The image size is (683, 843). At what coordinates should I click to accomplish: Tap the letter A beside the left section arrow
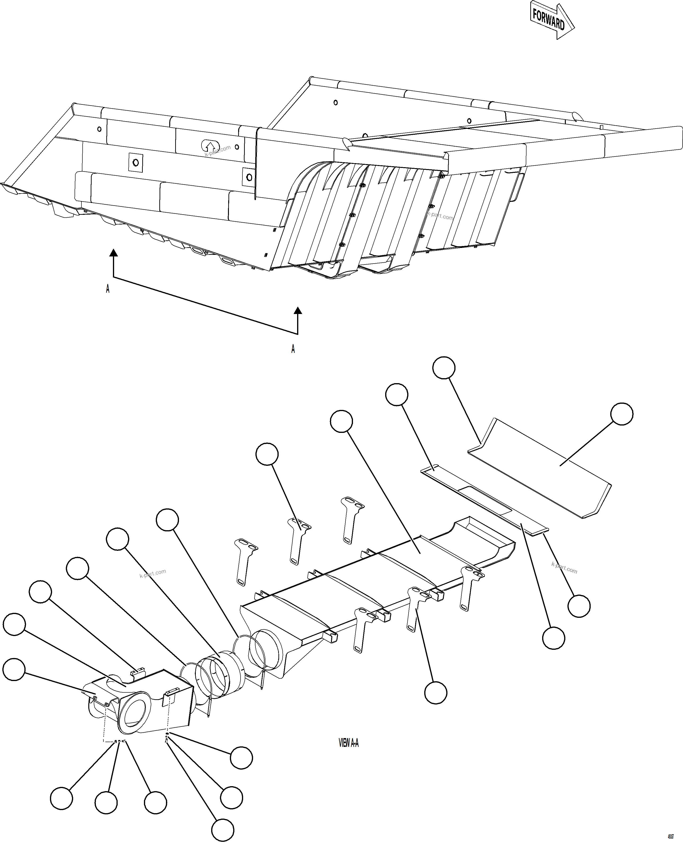pyautogui.click(x=108, y=289)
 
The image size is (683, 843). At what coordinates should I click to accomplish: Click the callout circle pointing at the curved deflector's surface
pyautogui.click(x=622, y=414)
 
